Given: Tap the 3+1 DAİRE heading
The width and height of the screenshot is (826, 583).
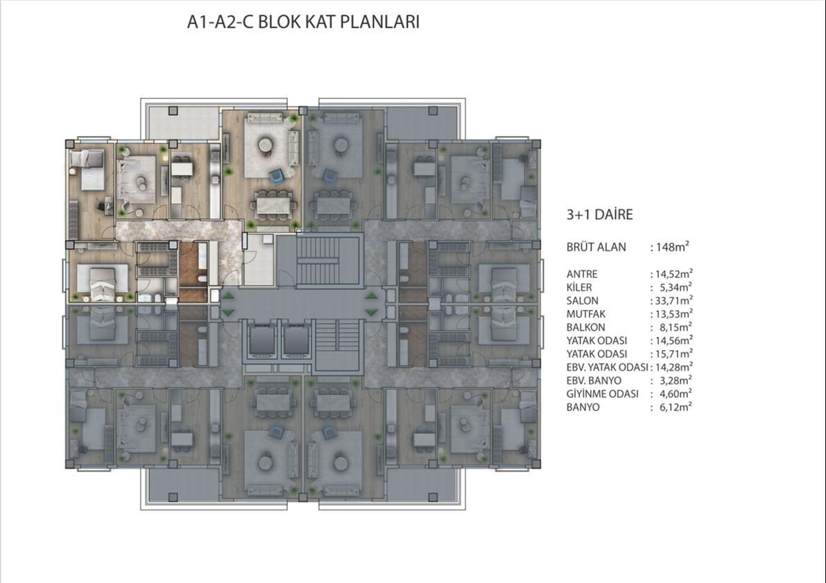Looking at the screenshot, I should tap(600, 215).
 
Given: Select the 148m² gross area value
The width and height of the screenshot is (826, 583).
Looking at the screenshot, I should tap(672, 247).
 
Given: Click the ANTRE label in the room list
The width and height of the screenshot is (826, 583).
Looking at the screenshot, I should tap(582, 274).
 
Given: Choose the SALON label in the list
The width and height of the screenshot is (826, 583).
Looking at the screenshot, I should tap(583, 301).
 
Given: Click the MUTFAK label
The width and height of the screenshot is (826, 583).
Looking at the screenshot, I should tap(586, 314).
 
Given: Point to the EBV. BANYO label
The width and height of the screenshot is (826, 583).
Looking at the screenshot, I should tap(594, 381).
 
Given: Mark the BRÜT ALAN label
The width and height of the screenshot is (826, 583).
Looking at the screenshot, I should tap(596, 247).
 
